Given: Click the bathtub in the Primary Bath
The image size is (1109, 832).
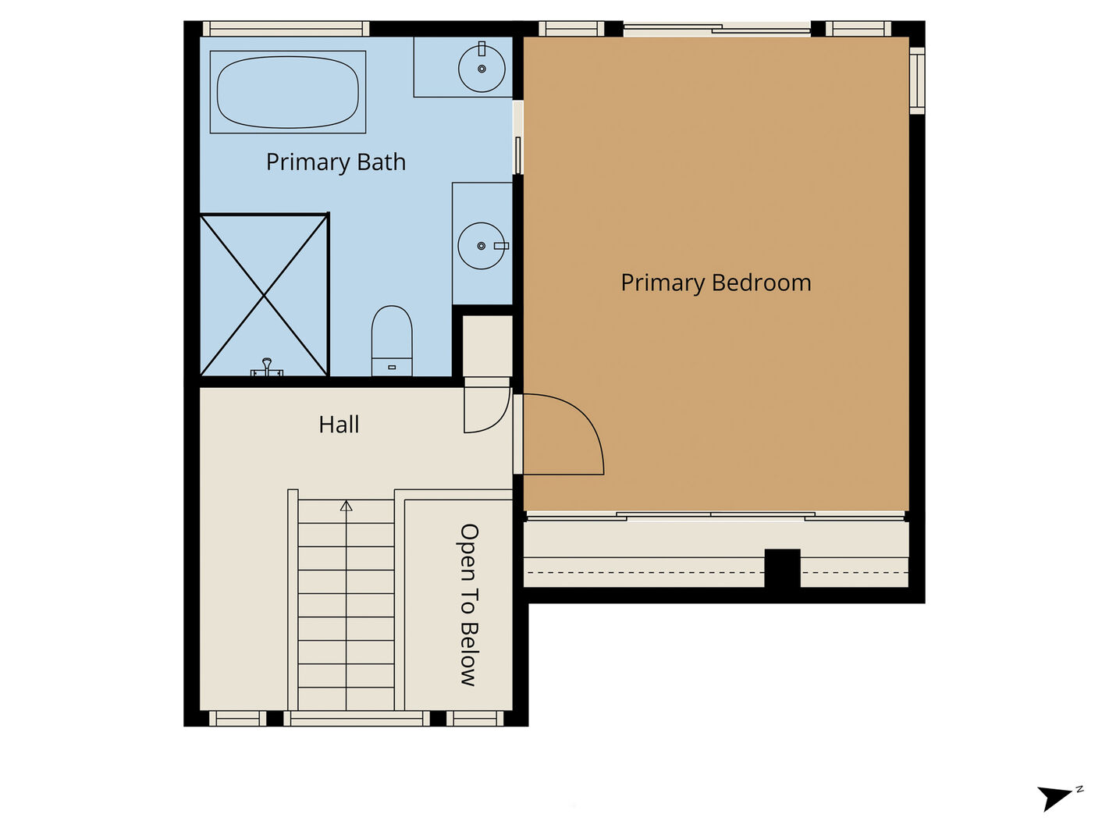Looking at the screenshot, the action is (287, 92).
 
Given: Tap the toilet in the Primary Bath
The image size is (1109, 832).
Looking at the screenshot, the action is (392, 341).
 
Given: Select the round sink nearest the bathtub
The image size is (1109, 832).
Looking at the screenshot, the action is (482, 69).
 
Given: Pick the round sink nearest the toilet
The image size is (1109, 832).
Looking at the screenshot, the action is (482, 246).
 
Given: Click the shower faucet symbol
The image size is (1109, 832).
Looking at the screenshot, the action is (267, 368).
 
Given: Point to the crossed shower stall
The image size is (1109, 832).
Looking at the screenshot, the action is (265, 295).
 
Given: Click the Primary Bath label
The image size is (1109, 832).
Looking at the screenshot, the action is (336, 162).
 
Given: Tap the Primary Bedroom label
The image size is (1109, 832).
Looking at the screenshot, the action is (716, 283).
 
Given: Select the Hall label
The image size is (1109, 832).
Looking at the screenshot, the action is (339, 425).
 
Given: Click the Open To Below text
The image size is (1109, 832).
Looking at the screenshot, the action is (468, 605).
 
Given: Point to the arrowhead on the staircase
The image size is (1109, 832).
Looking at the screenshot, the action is (346, 506).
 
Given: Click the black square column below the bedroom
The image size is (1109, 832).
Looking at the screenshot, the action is (782, 568).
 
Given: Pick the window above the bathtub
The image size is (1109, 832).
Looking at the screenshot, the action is (286, 29).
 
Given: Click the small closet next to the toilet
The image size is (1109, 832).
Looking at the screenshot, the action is (488, 346).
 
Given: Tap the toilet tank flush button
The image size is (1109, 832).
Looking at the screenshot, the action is (392, 368).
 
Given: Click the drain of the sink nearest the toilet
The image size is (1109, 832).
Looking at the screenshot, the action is (481, 246).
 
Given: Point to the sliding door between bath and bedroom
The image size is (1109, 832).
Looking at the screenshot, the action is (518, 137).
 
